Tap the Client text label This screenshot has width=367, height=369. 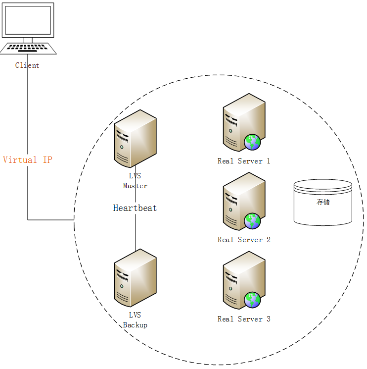(x=27, y=65)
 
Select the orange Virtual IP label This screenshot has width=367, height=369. (x=27, y=160)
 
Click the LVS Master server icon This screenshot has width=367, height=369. (x=135, y=139)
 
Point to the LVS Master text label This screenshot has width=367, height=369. (x=135, y=182)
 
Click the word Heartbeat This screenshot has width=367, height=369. (x=135, y=208)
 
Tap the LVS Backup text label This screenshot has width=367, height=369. (x=135, y=320)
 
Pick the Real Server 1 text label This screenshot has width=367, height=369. (x=244, y=161)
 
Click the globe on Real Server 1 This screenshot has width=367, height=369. (x=252, y=142)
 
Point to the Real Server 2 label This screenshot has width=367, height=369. (x=244, y=240)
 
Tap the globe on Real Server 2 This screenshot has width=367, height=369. (x=252, y=221)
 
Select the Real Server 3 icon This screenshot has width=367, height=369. (x=242, y=280)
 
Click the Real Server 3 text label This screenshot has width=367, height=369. (x=244, y=319)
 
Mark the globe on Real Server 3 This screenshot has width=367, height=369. (x=252, y=300)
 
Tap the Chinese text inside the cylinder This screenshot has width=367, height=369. (x=323, y=202)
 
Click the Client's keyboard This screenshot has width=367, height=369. (x=28, y=48)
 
